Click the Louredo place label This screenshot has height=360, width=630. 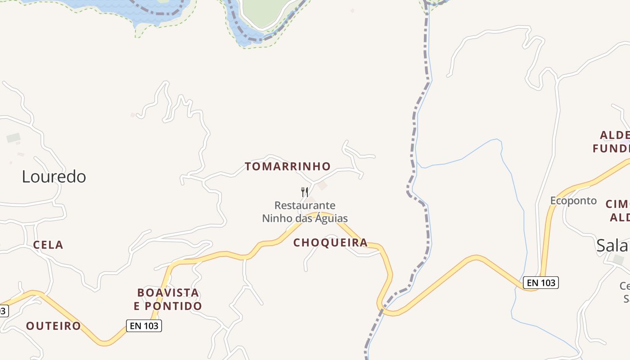tap(54, 177)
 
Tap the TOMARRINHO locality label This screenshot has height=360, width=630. tap(288, 166)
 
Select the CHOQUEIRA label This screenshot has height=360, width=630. tap(331, 243)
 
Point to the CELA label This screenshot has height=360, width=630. tap(48, 245)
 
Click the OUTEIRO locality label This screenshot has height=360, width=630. tap(54, 326)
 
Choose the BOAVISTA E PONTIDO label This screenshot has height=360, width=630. tap(168, 299)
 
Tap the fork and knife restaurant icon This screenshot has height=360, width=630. tap(305, 192)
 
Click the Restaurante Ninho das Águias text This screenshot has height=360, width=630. tap(305, 212)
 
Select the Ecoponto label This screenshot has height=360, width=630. tap(573, 201)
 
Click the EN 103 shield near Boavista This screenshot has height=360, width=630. tap(144, 326)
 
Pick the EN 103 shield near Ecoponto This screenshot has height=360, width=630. tap(540, 283)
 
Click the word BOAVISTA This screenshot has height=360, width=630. tap(168, 292)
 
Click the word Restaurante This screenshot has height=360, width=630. tap(305, 206)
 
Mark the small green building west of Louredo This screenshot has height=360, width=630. tap(13, 138)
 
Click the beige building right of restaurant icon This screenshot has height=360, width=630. tap(322, 185)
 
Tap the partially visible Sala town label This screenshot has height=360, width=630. tap(612, 246)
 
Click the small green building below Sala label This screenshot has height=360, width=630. tap(618, 260)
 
